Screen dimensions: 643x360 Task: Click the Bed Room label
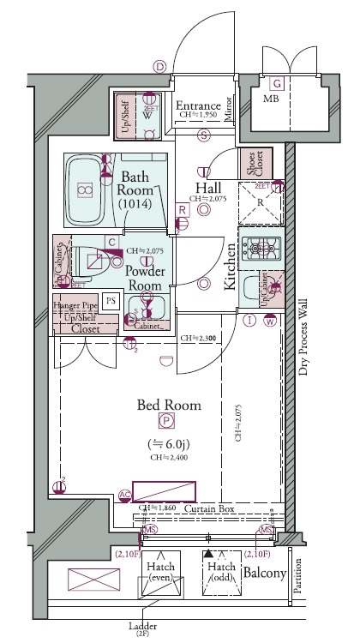point(170,405)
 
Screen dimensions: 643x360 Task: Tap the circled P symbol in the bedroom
point(165,421)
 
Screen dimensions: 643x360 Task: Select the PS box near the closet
point(110,299)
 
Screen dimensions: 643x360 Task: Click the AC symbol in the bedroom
point(124,494)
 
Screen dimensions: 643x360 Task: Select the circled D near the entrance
point(159,65)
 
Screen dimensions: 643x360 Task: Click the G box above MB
point(277,83)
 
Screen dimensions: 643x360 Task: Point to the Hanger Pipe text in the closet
point(75,306)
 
